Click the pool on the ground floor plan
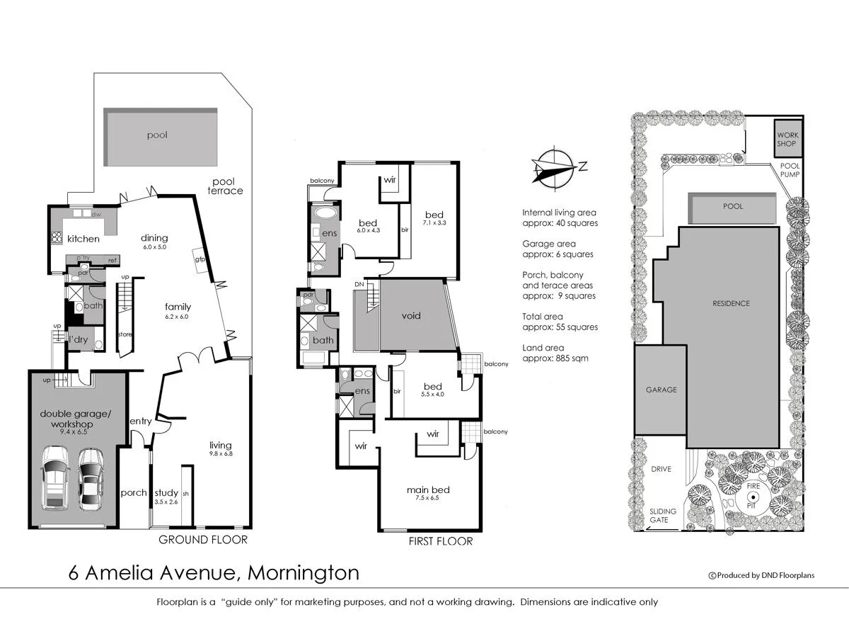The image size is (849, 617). click(161, 137)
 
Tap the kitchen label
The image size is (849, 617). click(83, 239)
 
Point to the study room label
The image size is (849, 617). click(166, 493)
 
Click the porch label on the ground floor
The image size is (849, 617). click(134, 493)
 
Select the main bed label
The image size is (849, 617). click(428, 489)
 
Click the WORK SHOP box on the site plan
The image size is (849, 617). click(787, 139)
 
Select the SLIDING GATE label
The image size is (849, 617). click(663, 516)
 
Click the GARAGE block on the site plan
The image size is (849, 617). click(661, 390)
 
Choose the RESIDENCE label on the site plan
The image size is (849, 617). click(731, 303)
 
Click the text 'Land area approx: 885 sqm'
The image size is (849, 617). click(555, 353)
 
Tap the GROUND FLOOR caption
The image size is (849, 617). click(202, 540)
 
